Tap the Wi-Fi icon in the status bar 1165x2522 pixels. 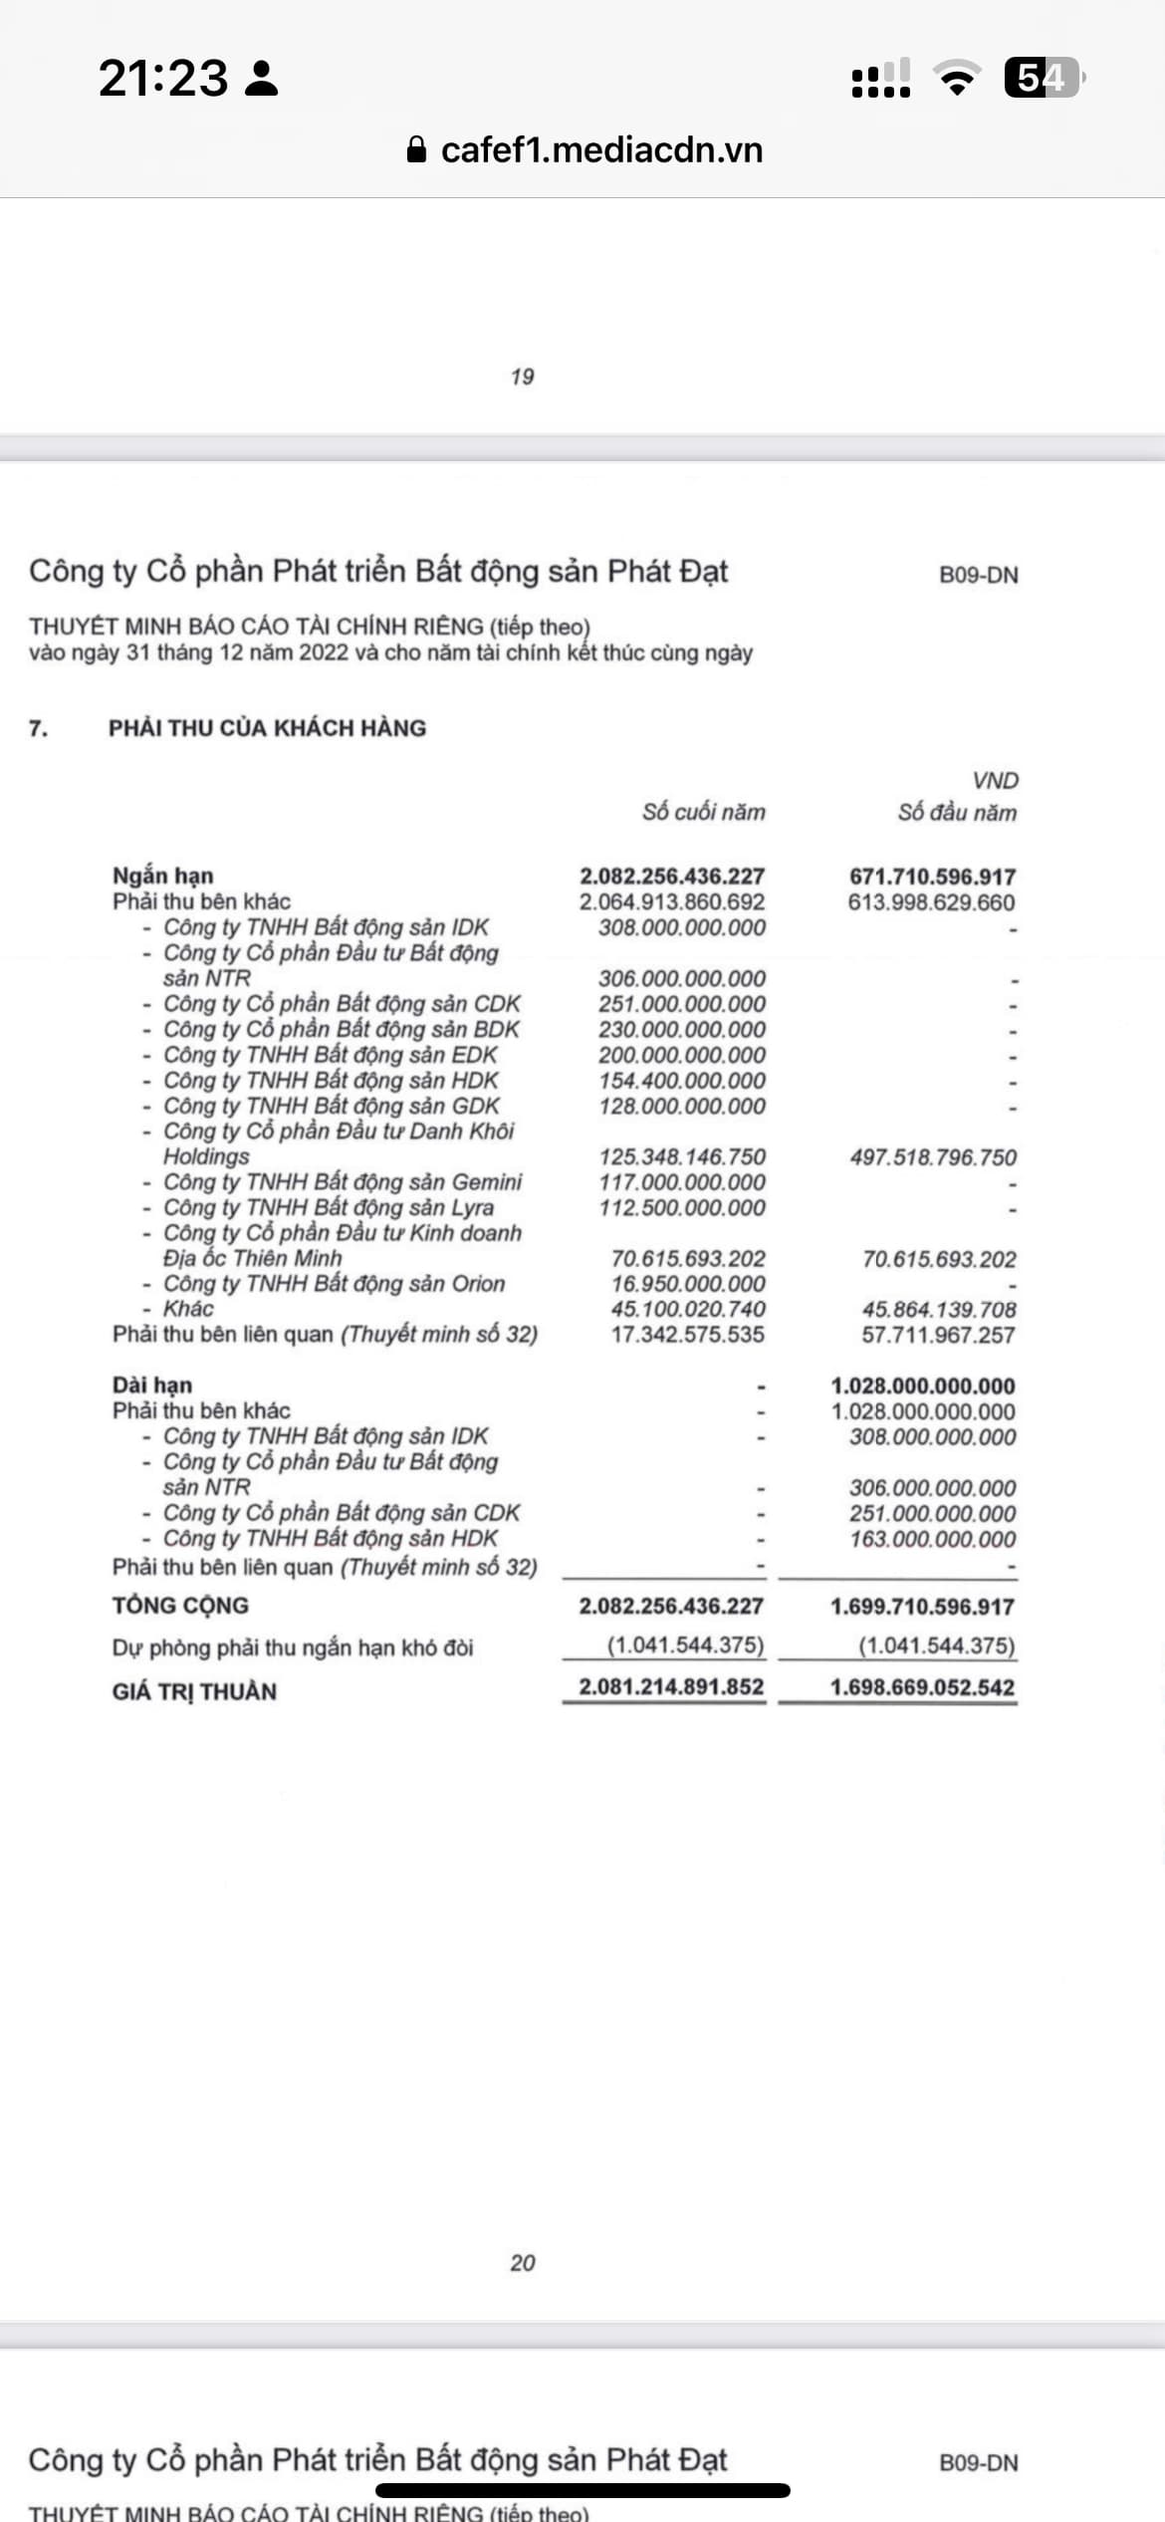(x=956, y=78)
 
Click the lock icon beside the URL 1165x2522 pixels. (x=417, y=150)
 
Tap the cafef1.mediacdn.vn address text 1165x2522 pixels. (x=601, y=150)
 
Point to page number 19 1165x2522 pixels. (x=522, y=377)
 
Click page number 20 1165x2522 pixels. (x=522, y=2263)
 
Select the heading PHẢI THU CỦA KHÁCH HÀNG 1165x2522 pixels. (x=267, y=728)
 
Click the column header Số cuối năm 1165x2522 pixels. (x=703, y=812)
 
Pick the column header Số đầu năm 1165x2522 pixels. (x=956, y=812)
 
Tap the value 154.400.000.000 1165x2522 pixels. (x=682, y=1081)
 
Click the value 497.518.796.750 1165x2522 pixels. (x=933, y=1157)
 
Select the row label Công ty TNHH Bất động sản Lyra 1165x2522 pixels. (x=329, y=1207)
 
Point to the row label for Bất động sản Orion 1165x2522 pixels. (x=335, y=1284)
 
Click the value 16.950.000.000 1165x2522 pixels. (x=688, y=1284)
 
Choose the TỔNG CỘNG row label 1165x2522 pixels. (x=180, y=1606)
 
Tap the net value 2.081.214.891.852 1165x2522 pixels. (x=671, y=1687)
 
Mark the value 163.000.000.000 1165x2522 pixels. (x=932, y=1539)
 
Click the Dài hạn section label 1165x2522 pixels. (x=152, y=1386)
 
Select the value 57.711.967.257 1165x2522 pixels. (x=938, y=1335)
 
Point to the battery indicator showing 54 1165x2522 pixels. (x=1043, y=78)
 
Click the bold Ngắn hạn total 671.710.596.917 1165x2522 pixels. (x=932, y=877)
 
